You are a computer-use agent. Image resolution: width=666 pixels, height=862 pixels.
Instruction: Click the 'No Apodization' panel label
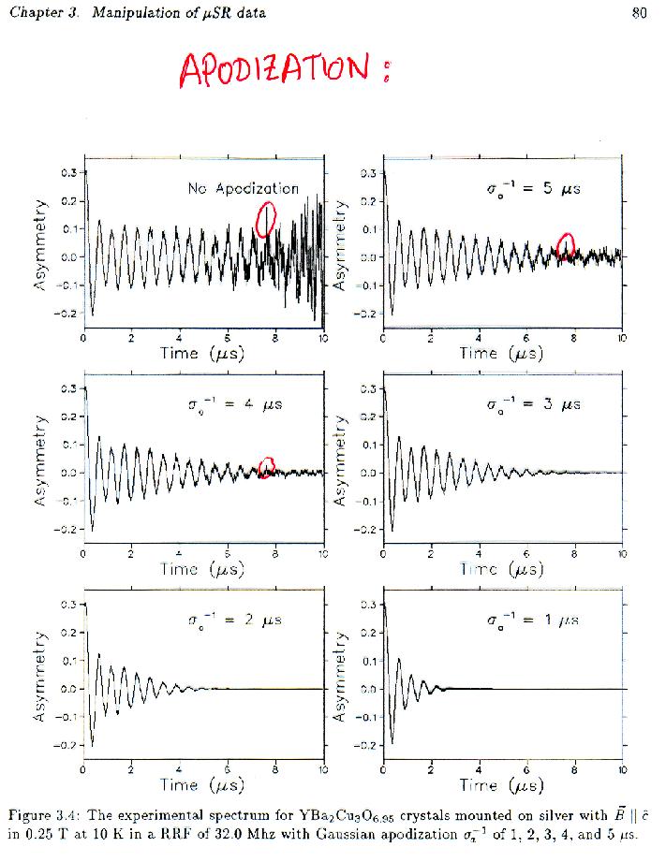[x=244, y=188]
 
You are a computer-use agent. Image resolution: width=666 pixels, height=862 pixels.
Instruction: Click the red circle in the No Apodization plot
[x=267, y=219]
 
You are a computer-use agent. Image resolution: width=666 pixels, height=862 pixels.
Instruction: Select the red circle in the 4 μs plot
[x=267, y=466]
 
